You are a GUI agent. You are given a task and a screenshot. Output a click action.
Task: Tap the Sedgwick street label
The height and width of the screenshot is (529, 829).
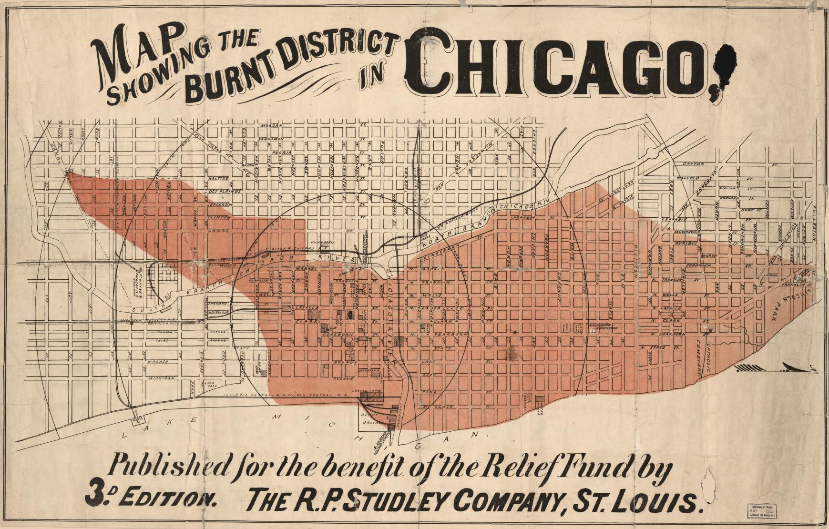699,264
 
